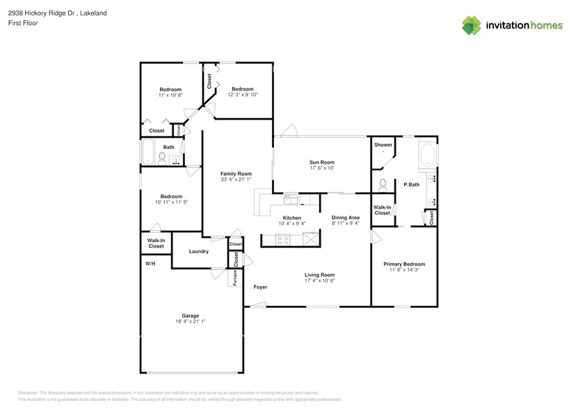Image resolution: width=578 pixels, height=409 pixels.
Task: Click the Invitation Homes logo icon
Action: click(472, 26)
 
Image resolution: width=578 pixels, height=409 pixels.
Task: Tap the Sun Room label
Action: click(322, 162)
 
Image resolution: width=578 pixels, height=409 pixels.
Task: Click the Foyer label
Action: click(260, 287)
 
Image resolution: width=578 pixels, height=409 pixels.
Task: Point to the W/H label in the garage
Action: click(150, 264)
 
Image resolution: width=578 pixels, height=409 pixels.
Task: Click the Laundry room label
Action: click(198, 251)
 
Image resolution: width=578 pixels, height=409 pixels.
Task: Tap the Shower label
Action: click(383, 145)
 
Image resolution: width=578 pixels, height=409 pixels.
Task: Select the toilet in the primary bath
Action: click(383, 185)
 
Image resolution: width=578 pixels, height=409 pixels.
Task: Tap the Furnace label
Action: click(235, 276)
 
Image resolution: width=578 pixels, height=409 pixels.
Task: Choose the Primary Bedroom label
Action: click(404, 264)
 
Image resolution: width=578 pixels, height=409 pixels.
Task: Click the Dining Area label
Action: click(345, 218)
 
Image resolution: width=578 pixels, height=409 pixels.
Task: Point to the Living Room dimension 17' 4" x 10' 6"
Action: click(320, 280)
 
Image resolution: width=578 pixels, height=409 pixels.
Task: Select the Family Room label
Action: click(236, 174)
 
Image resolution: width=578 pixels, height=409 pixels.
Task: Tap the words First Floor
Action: click(24, 23)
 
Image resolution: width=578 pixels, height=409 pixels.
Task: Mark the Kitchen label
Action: click(291, 218)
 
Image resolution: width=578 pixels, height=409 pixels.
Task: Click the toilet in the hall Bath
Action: click(161, 159)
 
